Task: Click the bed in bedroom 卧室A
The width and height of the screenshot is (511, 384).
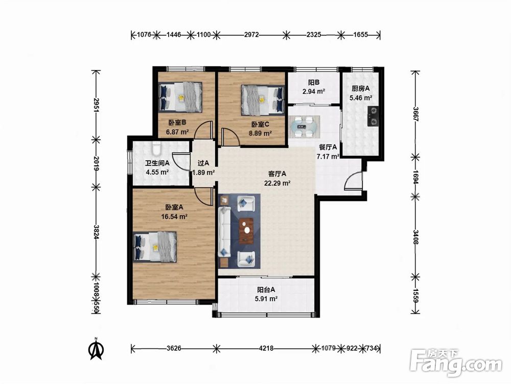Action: tap(155, 247)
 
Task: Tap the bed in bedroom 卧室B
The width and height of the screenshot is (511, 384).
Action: tap(180, 97)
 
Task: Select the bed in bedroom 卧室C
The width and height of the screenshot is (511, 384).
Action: tap(263, 100)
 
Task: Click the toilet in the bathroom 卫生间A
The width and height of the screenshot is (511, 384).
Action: tap(157, 148)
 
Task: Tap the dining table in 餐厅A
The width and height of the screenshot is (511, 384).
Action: tap(305, 127)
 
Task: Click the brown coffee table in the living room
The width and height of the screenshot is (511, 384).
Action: tap(246, 231)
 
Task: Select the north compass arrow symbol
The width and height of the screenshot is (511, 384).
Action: tap(96, 349)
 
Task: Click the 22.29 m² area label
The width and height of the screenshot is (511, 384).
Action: tap(277, 183)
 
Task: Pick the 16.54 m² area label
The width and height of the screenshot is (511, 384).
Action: tap(174, 216)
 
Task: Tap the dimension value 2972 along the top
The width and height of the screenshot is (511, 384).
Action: tap(251, 35)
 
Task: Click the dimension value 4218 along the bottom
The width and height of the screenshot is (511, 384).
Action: tap(266, 348)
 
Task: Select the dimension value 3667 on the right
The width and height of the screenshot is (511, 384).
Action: tap(415, 114)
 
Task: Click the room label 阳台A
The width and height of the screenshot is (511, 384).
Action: tap(266, 290)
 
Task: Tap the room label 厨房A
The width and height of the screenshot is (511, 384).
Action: tap(361, 89)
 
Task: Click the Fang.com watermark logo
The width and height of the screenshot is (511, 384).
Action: tap(456, 363)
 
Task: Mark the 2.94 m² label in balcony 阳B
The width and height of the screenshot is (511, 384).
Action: tap(314, 92)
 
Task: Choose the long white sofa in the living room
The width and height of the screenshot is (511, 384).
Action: tap(224, 232)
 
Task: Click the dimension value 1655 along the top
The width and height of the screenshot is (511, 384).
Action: tap(361, 35)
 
